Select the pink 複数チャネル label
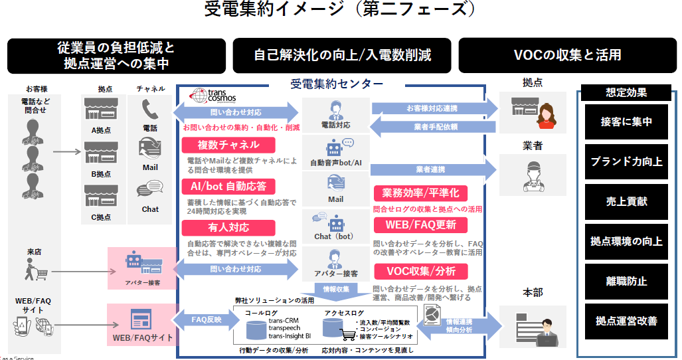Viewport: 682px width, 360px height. [228, 145]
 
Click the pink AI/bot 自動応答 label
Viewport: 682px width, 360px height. [228, 186]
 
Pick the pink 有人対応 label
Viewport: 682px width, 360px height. [228, 227]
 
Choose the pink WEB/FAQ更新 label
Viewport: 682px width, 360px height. [420, 225]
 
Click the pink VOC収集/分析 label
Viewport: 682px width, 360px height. [420, 271]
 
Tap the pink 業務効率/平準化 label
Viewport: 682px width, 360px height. [420, 193]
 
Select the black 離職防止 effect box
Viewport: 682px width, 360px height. [626, 281]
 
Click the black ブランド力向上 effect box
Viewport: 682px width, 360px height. [626, 161]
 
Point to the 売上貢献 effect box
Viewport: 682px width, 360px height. [626, 201]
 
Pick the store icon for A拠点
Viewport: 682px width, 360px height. [100, 111]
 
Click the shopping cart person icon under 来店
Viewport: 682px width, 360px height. [34, 268]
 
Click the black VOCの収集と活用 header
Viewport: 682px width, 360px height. [567, 55]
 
